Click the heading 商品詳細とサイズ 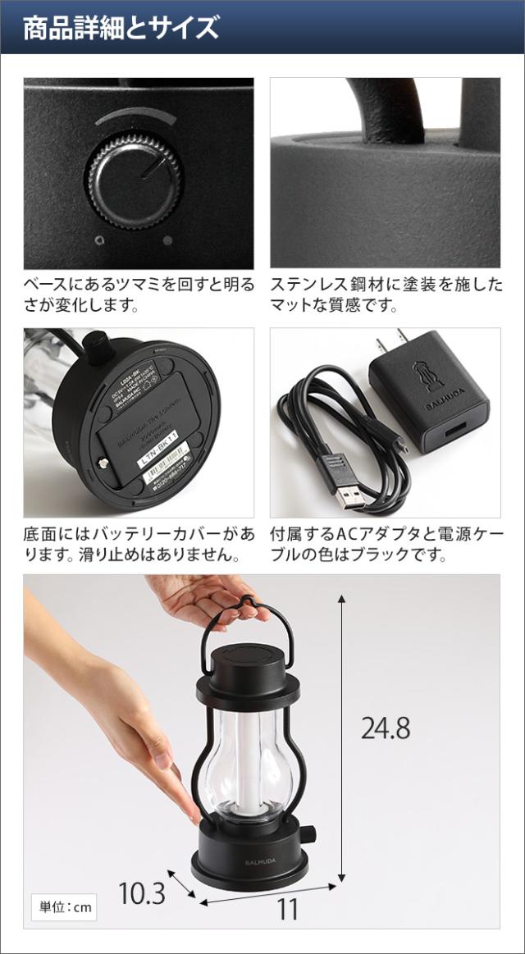click(121, 28)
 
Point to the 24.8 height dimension click(385, 728)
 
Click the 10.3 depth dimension click(141, 892)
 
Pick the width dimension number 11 click(287, 909)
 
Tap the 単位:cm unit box click(66, 907)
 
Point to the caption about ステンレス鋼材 click(386, 295)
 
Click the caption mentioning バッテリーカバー click(139, 545)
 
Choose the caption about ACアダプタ click(386, 545)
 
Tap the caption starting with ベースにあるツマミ click(139, 295)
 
